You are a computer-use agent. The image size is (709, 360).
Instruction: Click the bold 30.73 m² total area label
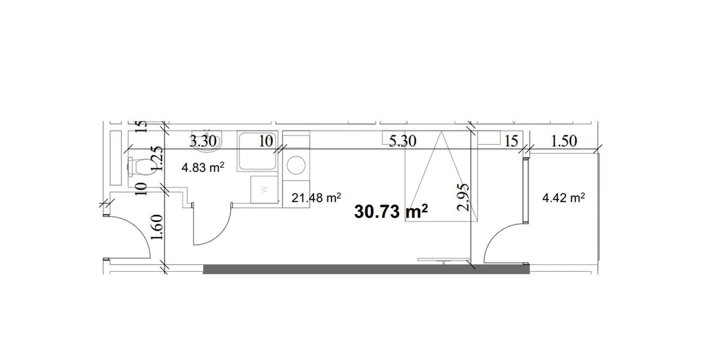[x=391, y=212]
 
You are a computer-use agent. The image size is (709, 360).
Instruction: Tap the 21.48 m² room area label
[x=316, y=198]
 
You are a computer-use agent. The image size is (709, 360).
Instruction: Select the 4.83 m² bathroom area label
[x=203, y=167]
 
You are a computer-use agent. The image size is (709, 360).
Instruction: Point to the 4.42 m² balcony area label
[x=564, y=198]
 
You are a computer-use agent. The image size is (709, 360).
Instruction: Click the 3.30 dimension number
[x=203, y=141]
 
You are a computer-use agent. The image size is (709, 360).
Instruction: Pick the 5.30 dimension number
[x=402, y=141]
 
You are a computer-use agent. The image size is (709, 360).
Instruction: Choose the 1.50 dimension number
[x=564, y=141]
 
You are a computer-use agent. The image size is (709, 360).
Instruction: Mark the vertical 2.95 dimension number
[x=462, y=197]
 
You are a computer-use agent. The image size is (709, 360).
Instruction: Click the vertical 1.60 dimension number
[x=157, y=227]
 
